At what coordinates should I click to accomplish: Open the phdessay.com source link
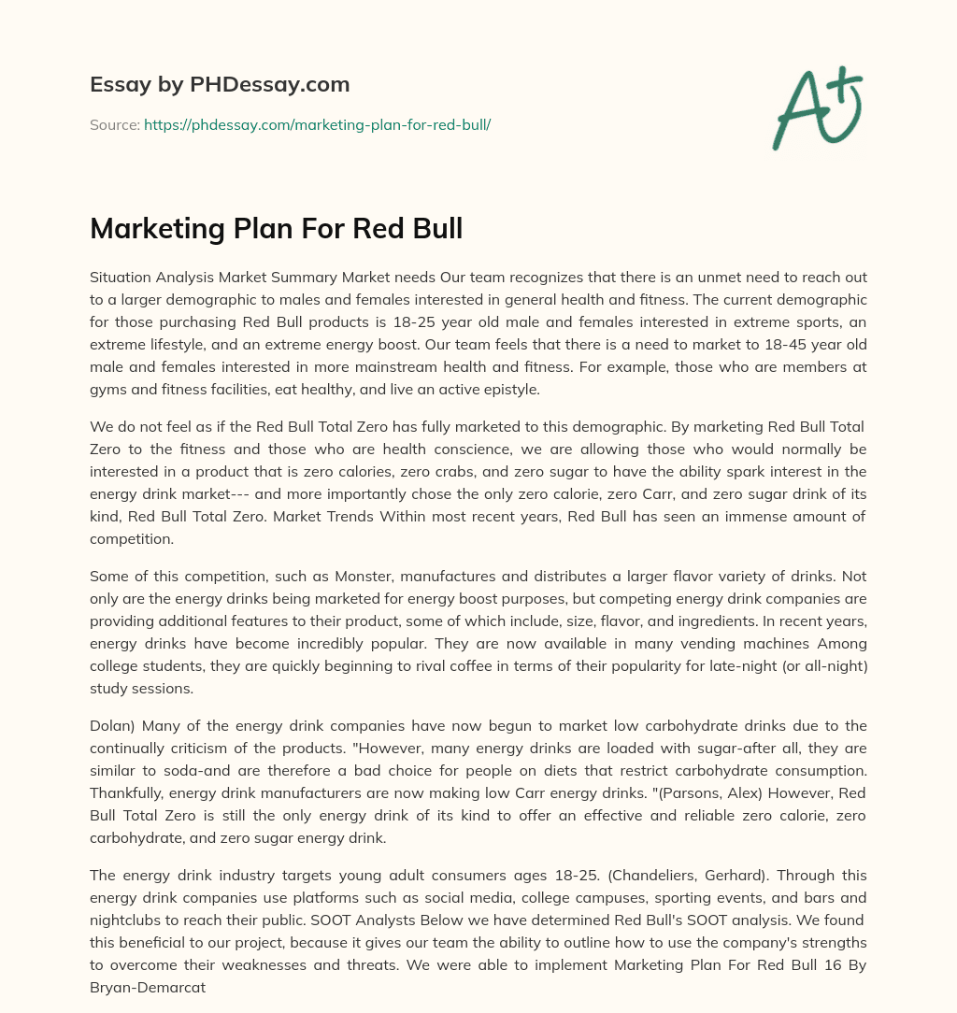[317, 124]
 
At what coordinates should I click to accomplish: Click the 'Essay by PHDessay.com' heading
[220, 85]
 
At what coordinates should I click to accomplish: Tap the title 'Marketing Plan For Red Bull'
[276, 228]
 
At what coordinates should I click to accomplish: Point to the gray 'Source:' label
[114, 124]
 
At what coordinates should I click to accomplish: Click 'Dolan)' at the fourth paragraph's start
[112, 726]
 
